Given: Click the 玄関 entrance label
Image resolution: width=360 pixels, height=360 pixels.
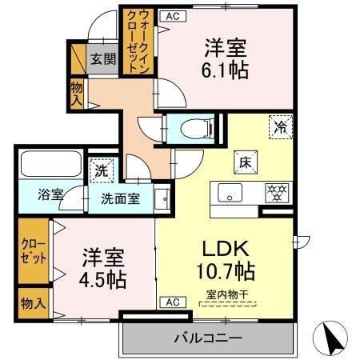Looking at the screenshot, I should tap(101, 58).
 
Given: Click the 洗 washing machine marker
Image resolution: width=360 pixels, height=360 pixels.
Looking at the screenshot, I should tap(102, 170).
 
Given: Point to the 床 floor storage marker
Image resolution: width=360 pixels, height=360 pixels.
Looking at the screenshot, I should tap(244, 161).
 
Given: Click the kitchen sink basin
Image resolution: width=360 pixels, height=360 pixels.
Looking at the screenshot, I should tap(229, 193).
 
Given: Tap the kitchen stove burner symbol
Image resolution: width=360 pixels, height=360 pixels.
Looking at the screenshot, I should tap(277, 192).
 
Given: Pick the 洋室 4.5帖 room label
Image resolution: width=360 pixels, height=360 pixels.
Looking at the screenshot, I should tap(103, 269).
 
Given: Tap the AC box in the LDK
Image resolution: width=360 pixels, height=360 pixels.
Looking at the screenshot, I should tap(171, 302).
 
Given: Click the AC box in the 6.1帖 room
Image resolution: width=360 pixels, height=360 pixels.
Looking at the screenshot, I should tap(170, 15).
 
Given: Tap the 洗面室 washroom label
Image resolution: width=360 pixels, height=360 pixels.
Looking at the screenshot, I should tap(121, 198).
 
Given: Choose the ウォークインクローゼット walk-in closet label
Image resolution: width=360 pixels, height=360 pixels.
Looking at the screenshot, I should tap(132, 41).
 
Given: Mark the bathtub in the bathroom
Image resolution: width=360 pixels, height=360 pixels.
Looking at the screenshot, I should tap(47, 163).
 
